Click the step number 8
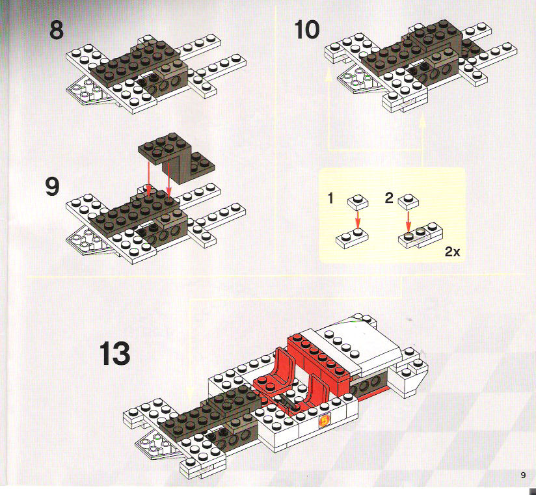click(57, 30)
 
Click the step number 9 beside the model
click(52, 187)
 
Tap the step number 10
click(306, 29)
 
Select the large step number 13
click(114, 353)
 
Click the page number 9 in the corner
click(523, 475)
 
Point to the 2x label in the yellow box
click(452, 252)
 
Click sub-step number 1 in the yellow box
click(330, 198)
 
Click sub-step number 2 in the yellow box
click(389, 198)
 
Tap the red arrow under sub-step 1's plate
click(358, 219)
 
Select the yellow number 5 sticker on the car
click(323, 421)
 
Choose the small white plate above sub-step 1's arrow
click(358, 202)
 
